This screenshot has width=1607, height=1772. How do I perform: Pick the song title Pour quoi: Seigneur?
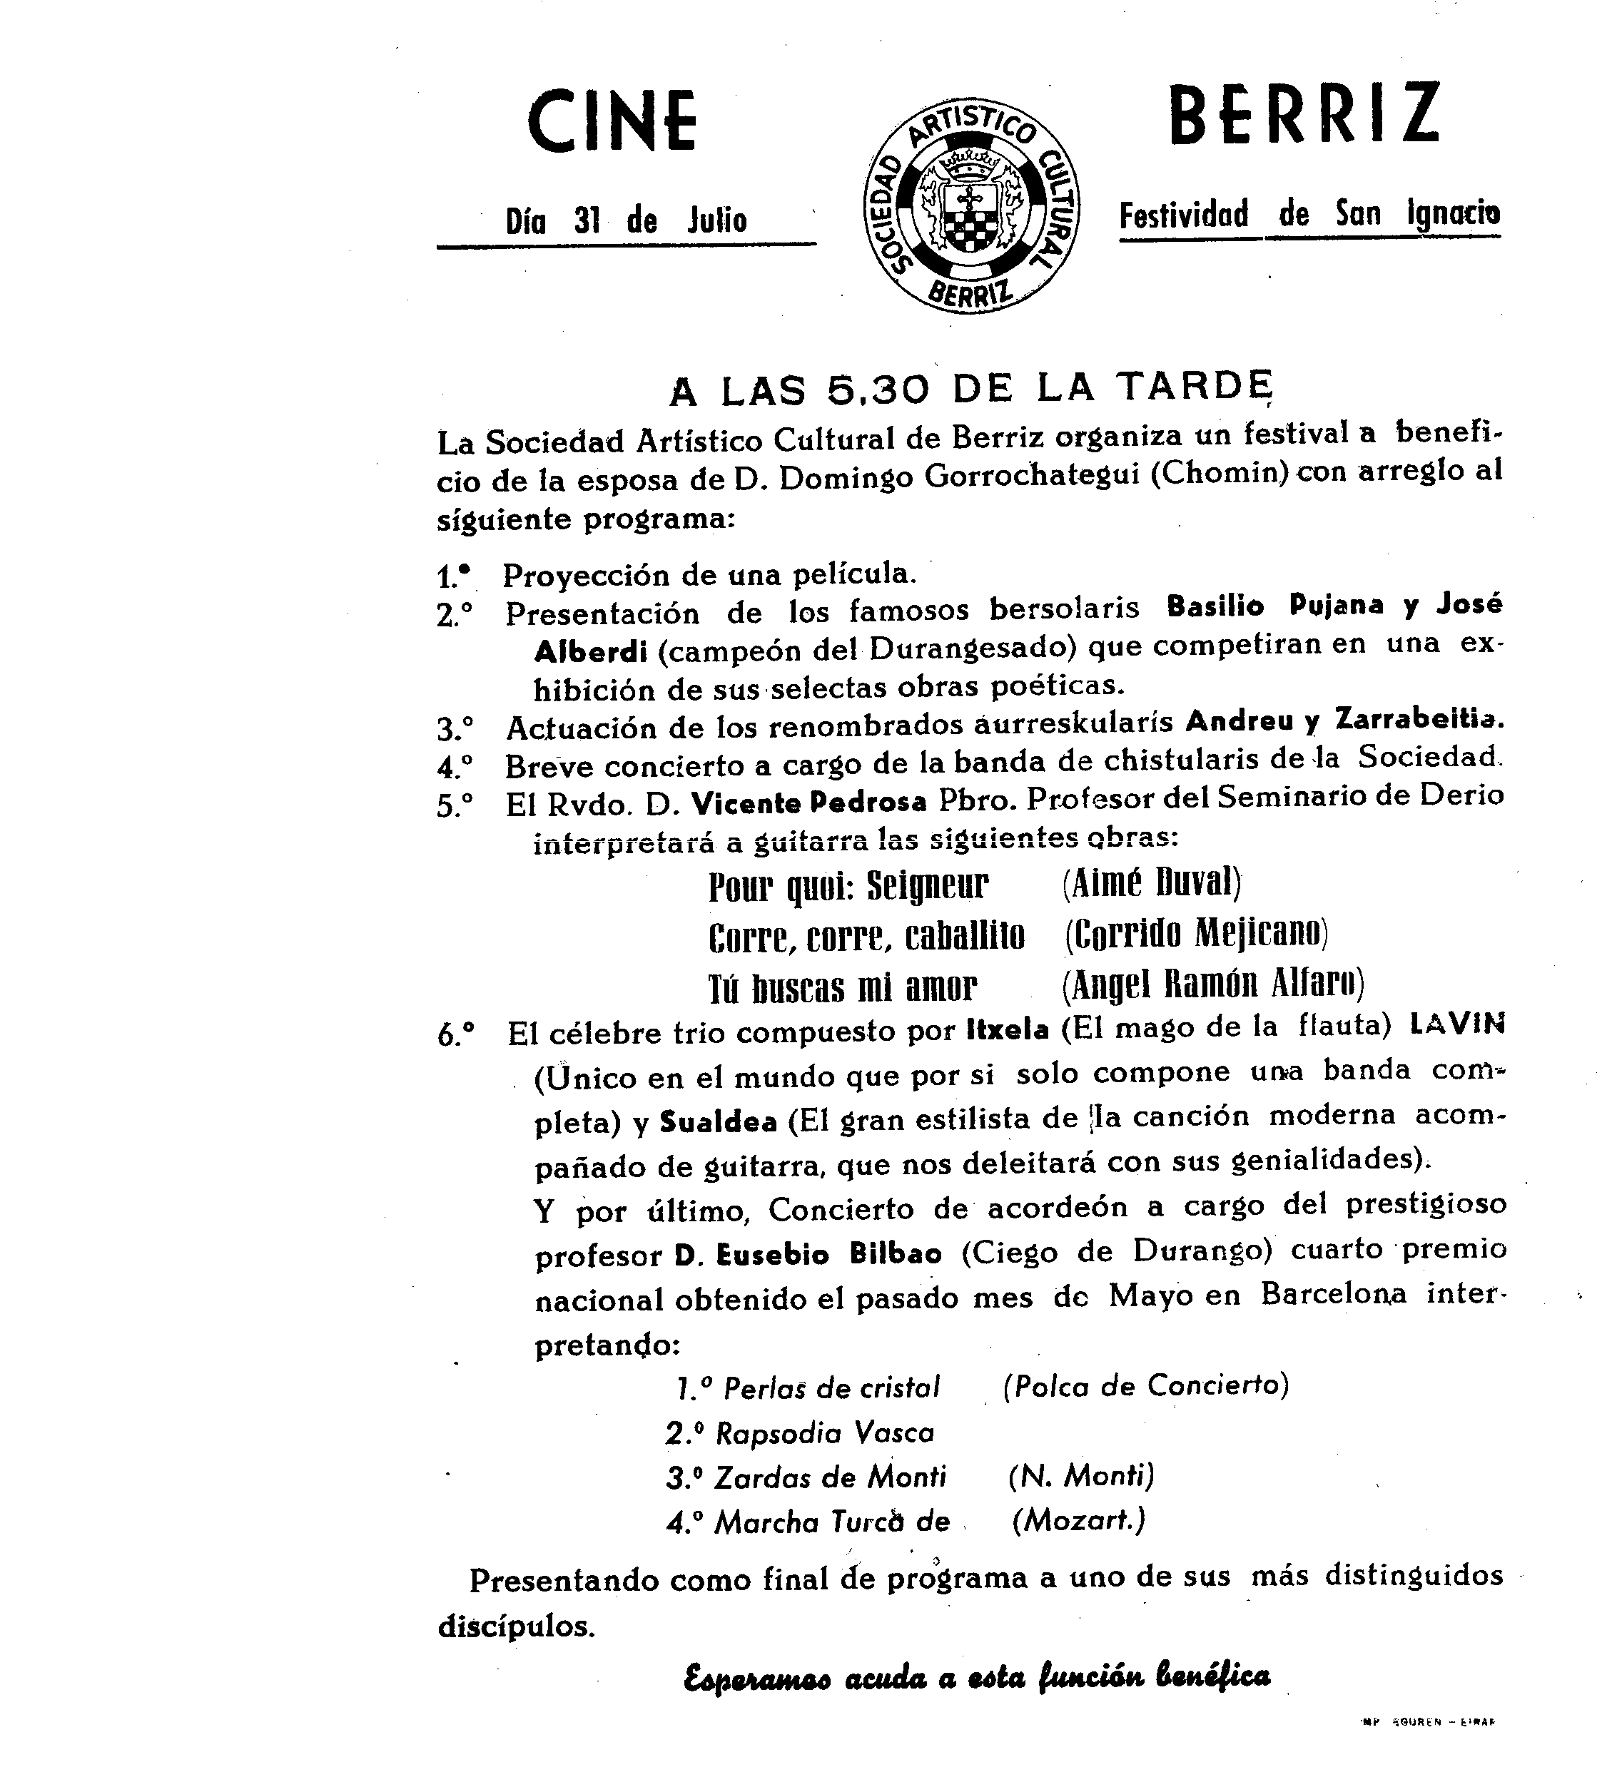tap(848, 887)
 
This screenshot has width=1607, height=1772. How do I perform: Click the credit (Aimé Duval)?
tap(1151, 882)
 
